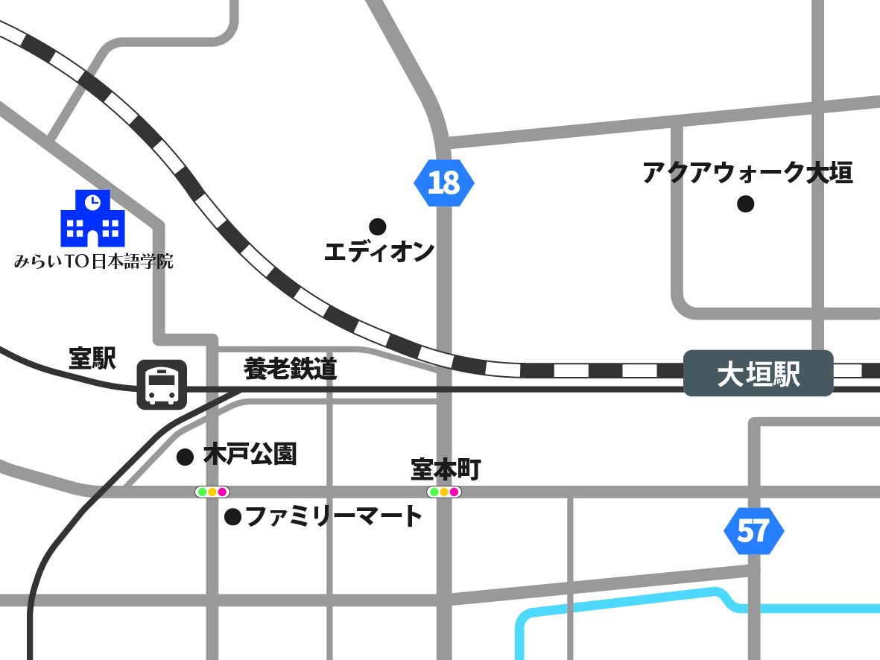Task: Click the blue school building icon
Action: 92,219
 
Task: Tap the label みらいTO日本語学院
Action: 94,261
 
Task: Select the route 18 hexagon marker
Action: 444,183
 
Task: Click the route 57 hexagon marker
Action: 753,531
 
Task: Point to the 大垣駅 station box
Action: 758,373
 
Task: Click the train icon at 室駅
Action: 162,384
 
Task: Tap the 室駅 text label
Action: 92,358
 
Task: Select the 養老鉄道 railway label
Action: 291,369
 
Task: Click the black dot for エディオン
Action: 378,226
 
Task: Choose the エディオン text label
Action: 379,252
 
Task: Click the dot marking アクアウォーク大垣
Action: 745,203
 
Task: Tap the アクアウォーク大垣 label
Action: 747,173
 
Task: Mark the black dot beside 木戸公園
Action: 185,457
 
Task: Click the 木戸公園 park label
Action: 250,454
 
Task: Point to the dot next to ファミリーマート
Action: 233,515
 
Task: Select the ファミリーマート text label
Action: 334,515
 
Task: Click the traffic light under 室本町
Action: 444,492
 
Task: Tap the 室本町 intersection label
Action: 446,469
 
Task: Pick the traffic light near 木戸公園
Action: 212,492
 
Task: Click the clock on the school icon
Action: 92,200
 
